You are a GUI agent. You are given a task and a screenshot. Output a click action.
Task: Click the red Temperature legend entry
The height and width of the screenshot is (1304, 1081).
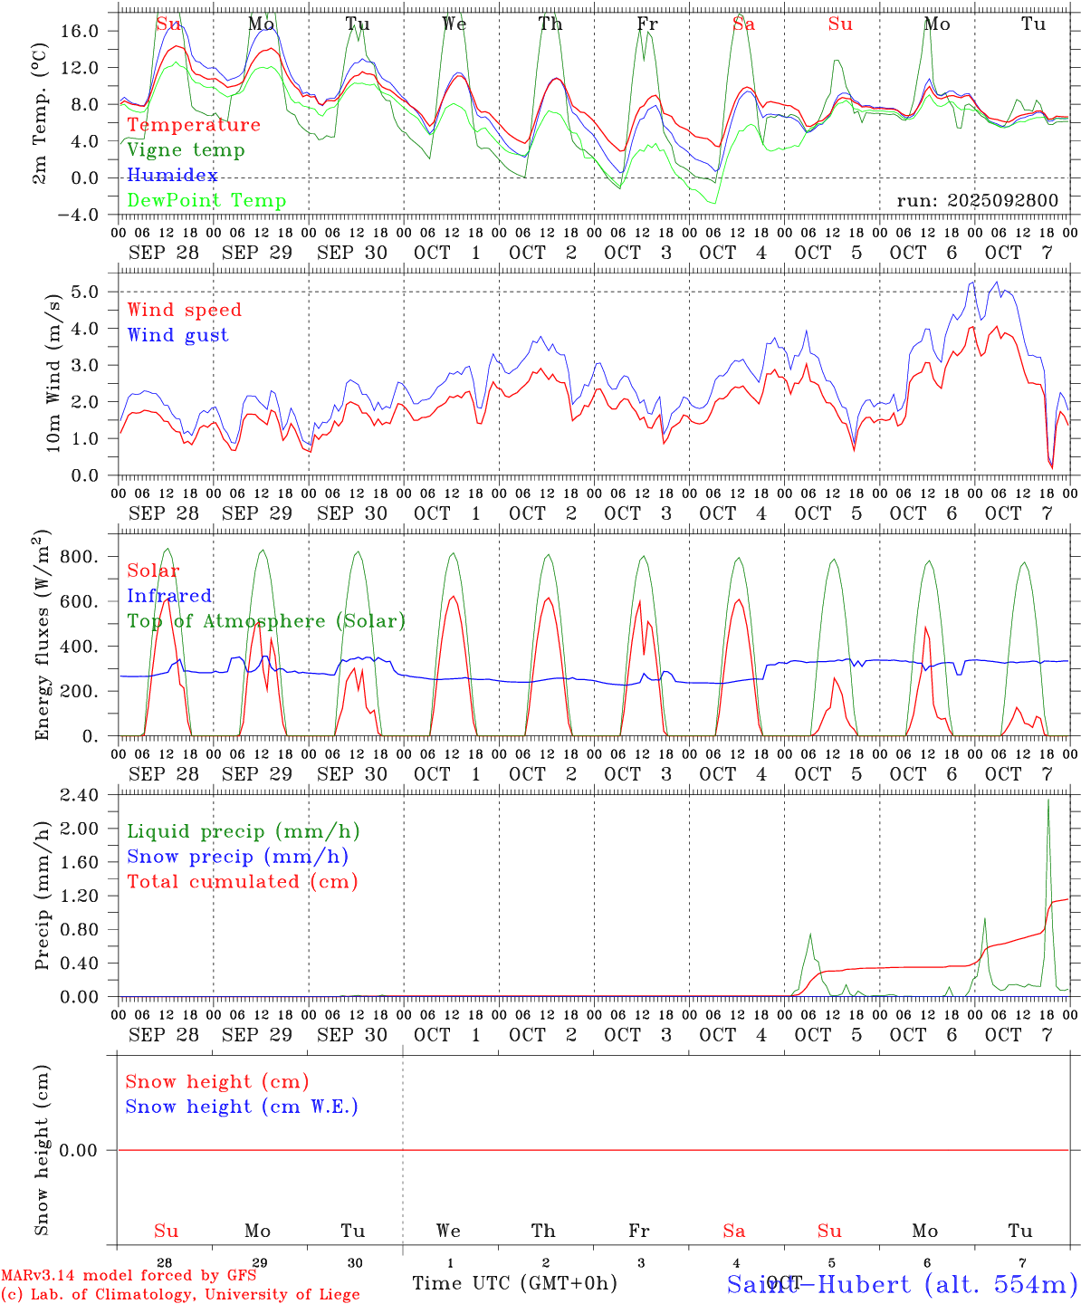pyautogui.click(x=194, y=125)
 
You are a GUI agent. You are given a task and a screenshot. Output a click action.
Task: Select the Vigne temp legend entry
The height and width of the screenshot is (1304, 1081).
pyautogui.click(x=186, y=150)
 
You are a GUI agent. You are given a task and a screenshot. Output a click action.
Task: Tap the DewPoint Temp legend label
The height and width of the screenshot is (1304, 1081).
pyautogui.click(x=206, y=201)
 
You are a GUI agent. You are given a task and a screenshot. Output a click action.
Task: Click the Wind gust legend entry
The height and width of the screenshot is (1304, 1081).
pyautogui.click(x=177, y=335)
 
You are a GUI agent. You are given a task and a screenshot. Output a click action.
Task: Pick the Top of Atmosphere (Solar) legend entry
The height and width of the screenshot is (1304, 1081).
pyautogui.click(x=266, y=621)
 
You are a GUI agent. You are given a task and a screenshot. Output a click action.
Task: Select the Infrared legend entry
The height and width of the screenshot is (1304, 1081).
pyautogui.click(x=169, y=596)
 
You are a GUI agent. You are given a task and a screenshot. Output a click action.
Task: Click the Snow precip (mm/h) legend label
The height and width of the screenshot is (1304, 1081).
pyautogui.click(x=237, y=857)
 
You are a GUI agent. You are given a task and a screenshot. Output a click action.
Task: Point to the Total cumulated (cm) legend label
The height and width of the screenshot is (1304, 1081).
pyautogui.click(x=242, y=882)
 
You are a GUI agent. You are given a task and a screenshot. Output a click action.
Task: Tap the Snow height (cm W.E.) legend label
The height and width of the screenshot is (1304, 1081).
pyautogui.click(x=242, y=1107)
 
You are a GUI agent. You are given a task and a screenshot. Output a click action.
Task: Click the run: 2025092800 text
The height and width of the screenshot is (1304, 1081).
pyautogui.click(x=977, y=201)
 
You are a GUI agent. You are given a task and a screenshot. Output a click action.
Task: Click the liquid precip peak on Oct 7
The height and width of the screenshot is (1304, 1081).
pyautogui.click(x=1048, y=800)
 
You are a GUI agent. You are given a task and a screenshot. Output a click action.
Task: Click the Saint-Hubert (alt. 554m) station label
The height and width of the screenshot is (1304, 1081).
pyautogui.click(x=902, y=1284)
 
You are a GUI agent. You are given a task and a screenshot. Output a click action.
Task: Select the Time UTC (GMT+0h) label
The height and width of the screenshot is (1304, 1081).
pyautogui.click(x=514, y=1283)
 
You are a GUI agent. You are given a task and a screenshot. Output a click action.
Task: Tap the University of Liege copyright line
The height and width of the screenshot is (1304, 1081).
pyautogui.click(x=180, y=1295)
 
